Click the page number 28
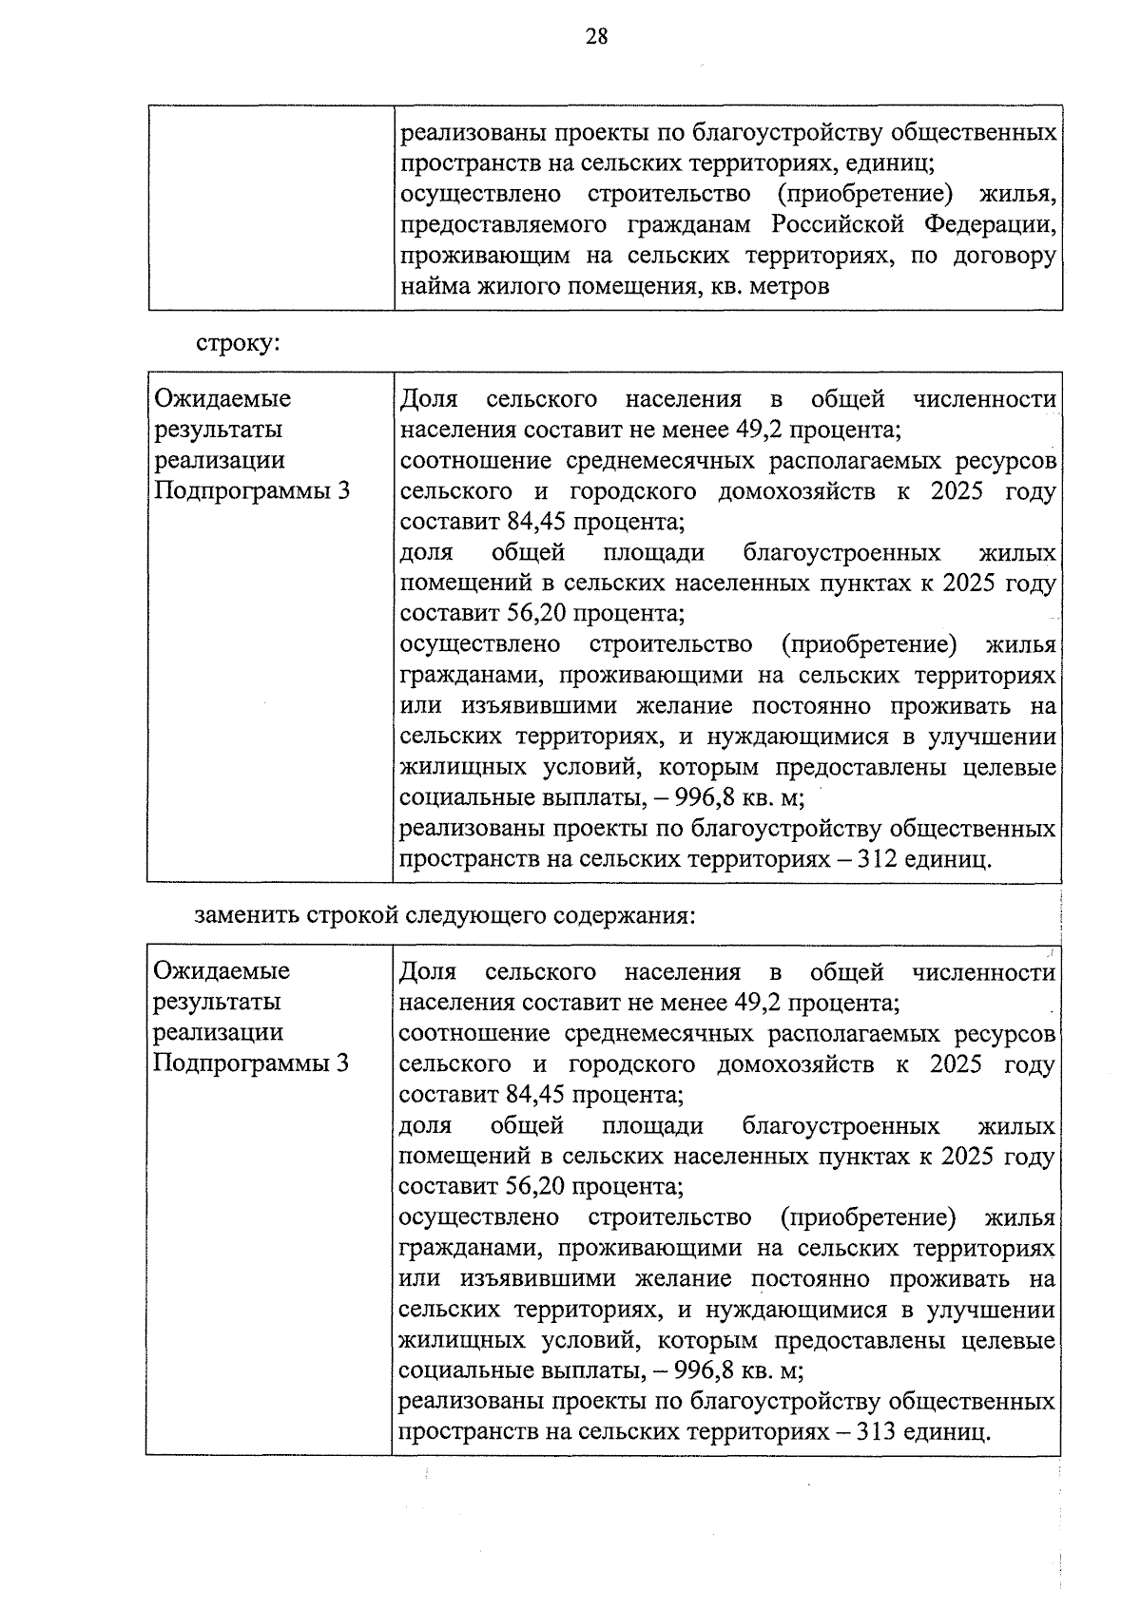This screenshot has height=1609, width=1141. point(596,37)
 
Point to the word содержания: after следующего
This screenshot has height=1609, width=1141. point(625,915)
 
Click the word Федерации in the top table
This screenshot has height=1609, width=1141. point(991,225)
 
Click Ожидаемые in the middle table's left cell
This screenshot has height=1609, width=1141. point(222,399)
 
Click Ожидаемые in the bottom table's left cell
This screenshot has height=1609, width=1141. point(222,971)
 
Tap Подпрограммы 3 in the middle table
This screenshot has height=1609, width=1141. point(251,491)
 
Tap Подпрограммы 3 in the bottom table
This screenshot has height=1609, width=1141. point(251,1063)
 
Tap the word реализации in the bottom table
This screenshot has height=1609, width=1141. point(219,1032)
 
